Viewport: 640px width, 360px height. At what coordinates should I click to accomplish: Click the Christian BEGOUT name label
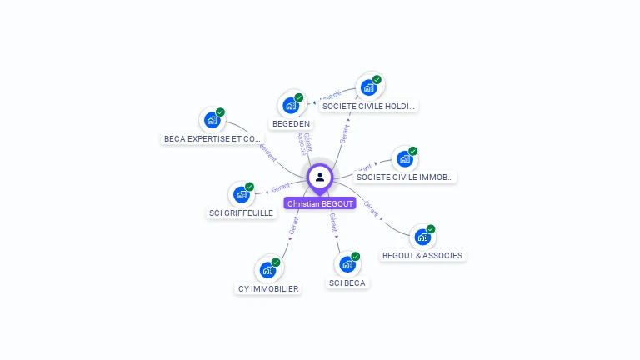pos(320,203)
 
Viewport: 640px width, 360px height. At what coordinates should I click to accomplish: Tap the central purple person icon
pos(320,177)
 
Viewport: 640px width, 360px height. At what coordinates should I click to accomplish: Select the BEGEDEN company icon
pos(291,106)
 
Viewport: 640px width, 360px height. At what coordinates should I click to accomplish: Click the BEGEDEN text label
pos(291,123)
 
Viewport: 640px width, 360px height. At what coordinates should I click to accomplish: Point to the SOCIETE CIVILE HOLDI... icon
pos(369,87)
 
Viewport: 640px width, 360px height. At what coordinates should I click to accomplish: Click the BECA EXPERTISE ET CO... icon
pos(212,120)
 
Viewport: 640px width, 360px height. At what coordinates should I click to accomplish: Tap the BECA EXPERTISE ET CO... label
pos(212,138)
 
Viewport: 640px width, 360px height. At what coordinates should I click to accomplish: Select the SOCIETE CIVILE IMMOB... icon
pos(405,159)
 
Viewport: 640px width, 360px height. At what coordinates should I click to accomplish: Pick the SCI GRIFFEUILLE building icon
pos(242,195)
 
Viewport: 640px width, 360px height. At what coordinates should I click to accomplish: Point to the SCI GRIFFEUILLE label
pos(241,212)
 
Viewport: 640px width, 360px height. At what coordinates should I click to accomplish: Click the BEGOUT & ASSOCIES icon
pos(423,237)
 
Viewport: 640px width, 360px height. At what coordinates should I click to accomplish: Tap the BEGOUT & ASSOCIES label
pos(422,255)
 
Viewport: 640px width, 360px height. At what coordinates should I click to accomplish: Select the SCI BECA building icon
pos(347,265)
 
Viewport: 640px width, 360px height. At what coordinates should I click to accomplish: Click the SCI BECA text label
pos(347,282)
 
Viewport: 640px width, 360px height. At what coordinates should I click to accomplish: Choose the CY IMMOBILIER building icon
pos(267,270)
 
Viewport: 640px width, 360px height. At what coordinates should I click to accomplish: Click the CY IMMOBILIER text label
pos(267,288)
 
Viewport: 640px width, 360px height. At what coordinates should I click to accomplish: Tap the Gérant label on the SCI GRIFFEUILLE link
pos(280,189)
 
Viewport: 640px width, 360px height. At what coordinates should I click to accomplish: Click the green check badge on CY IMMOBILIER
pos(276,262)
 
